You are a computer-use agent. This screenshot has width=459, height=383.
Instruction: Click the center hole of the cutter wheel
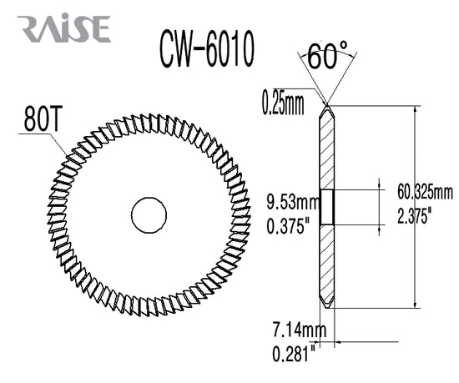click(x=148, y=214)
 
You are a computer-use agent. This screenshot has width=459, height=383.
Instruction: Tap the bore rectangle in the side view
click(x=327, y=206)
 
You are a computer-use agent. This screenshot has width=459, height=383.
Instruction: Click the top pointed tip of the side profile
click(x=327, y=107)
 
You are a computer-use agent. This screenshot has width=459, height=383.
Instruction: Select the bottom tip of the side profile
click(x=327, y=308)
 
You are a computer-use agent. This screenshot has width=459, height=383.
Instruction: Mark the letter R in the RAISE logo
click(x=29, y=28)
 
